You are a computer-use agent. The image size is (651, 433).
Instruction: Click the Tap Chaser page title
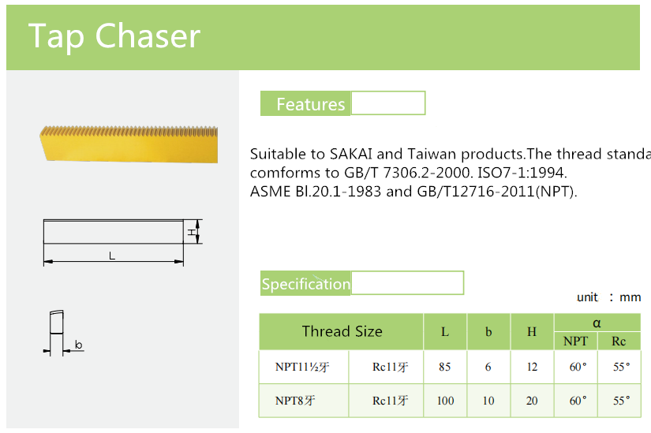(114, 36)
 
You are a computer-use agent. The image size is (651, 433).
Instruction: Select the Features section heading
(310, 104)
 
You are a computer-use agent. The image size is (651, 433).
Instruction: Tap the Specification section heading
(306, 284)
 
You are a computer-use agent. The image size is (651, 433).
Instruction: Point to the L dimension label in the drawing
(112, 255)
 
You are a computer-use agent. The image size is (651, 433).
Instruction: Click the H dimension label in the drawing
(192, 232)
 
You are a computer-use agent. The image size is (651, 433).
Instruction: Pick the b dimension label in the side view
(78, 345)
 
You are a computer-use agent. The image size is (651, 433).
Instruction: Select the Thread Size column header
(342, 332)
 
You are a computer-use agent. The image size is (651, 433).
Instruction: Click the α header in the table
(597, 323)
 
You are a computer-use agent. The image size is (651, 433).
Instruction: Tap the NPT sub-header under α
(576, 342)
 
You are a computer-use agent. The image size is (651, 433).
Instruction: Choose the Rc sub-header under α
(619, 342)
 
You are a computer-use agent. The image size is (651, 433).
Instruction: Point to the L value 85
(445, 367)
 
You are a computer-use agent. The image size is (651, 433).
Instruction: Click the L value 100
(445, 401)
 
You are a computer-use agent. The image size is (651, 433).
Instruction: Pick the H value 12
(532, 367)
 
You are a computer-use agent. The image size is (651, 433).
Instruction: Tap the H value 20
(532, 401)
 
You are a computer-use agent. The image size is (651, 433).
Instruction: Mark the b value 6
(488, 367)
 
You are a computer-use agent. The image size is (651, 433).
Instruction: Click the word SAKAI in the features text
(357, 154)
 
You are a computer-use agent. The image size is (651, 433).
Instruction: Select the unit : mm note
(608, 297)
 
